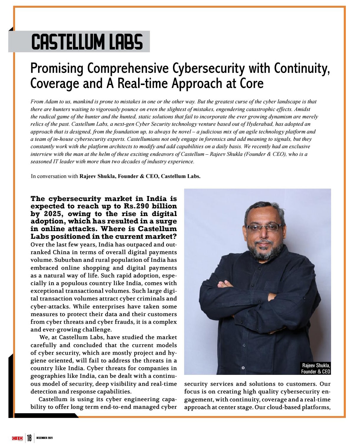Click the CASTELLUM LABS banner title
point(87,42)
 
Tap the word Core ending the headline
point(251,83)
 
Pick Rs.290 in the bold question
point(136,206)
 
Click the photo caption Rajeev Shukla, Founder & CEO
point(315,368)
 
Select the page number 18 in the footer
point(29,438)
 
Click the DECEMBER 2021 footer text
point(45,438)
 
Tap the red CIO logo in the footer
point(17,438)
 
